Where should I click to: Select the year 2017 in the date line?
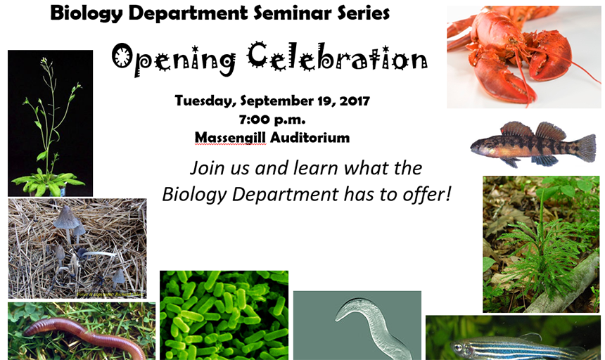(355, 101)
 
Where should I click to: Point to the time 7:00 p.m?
(272, 120)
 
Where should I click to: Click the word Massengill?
(230, 138)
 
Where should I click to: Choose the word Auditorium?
(310, 137)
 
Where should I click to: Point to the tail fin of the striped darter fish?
(586, 148)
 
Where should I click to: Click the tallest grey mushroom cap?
(66, 218)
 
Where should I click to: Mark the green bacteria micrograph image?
(224, 315)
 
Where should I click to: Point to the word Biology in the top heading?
(86, 14)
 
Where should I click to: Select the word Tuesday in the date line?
(205, 101)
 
